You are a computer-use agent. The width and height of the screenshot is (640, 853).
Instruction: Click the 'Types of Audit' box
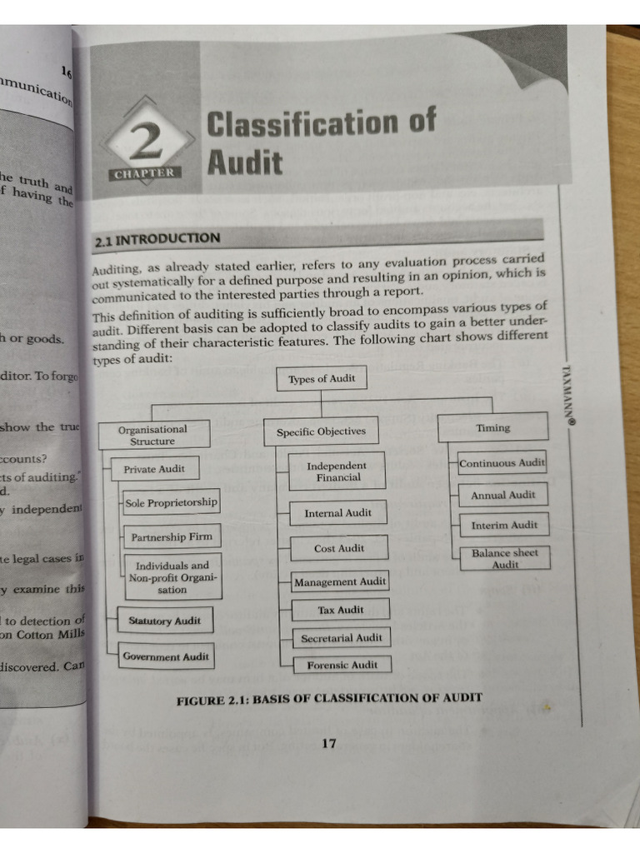(321, 379)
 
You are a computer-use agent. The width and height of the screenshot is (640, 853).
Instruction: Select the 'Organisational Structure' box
(152, 435)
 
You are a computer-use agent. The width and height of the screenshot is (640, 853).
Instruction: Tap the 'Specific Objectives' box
(321, 431)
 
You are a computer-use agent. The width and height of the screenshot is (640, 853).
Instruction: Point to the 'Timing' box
(492, 427)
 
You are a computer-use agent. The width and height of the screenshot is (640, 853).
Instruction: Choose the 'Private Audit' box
(154, 469)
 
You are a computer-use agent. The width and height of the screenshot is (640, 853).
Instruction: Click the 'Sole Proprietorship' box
(171, 502)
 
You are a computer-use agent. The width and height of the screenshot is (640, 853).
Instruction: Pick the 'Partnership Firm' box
(172, 537)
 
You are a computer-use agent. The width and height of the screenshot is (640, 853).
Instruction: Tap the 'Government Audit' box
(166, 656)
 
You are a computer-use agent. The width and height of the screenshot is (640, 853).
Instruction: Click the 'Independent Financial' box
(337, 471)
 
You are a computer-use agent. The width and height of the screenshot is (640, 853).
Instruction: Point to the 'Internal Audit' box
(337, 513)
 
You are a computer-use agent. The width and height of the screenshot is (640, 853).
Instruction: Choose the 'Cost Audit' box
(338, 548)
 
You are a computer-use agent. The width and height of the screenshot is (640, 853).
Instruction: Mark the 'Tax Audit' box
(340, 610)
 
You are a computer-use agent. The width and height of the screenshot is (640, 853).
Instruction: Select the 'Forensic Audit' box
(342, 665)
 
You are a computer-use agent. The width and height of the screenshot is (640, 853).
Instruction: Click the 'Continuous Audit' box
(502, 462)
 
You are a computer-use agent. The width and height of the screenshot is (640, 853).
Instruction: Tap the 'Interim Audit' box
(504, 525)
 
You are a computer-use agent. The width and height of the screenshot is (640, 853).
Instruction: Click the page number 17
(328, 743)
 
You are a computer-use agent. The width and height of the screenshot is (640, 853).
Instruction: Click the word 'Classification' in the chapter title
(320, 123)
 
